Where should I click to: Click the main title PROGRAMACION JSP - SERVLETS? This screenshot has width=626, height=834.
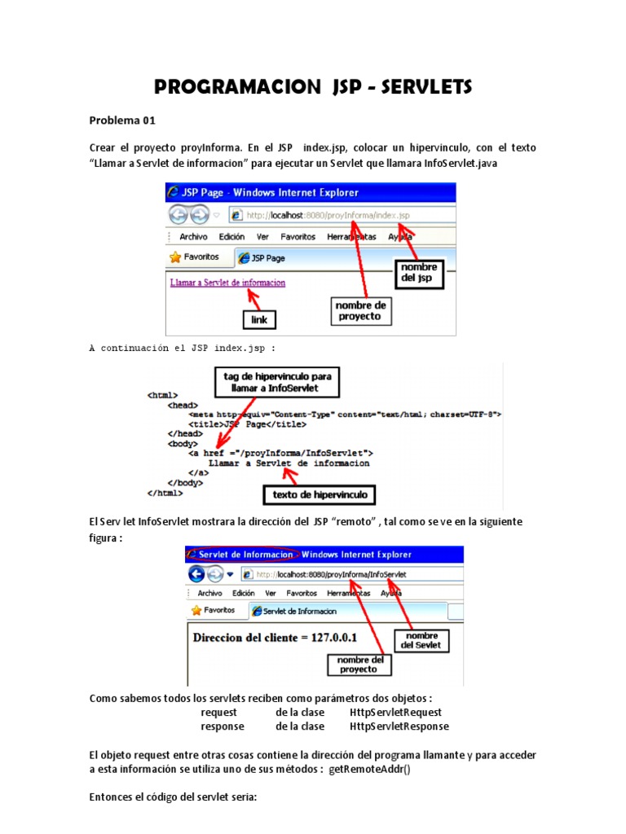tap(313, 87)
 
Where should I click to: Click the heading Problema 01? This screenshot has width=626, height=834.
tap(121, 121)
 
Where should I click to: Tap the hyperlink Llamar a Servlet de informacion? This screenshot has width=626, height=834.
tap(227, 283)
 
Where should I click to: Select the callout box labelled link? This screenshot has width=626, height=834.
tap(258, 319)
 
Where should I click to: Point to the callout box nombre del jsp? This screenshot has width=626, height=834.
tap(418, 273)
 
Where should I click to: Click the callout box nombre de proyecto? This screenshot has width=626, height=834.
tap(359, 310)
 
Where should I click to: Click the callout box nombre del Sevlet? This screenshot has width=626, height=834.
tap(421, 640)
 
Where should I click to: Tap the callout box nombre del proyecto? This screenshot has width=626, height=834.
tap(359, 664)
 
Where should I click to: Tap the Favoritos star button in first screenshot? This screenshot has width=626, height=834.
tap(195, 257)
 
